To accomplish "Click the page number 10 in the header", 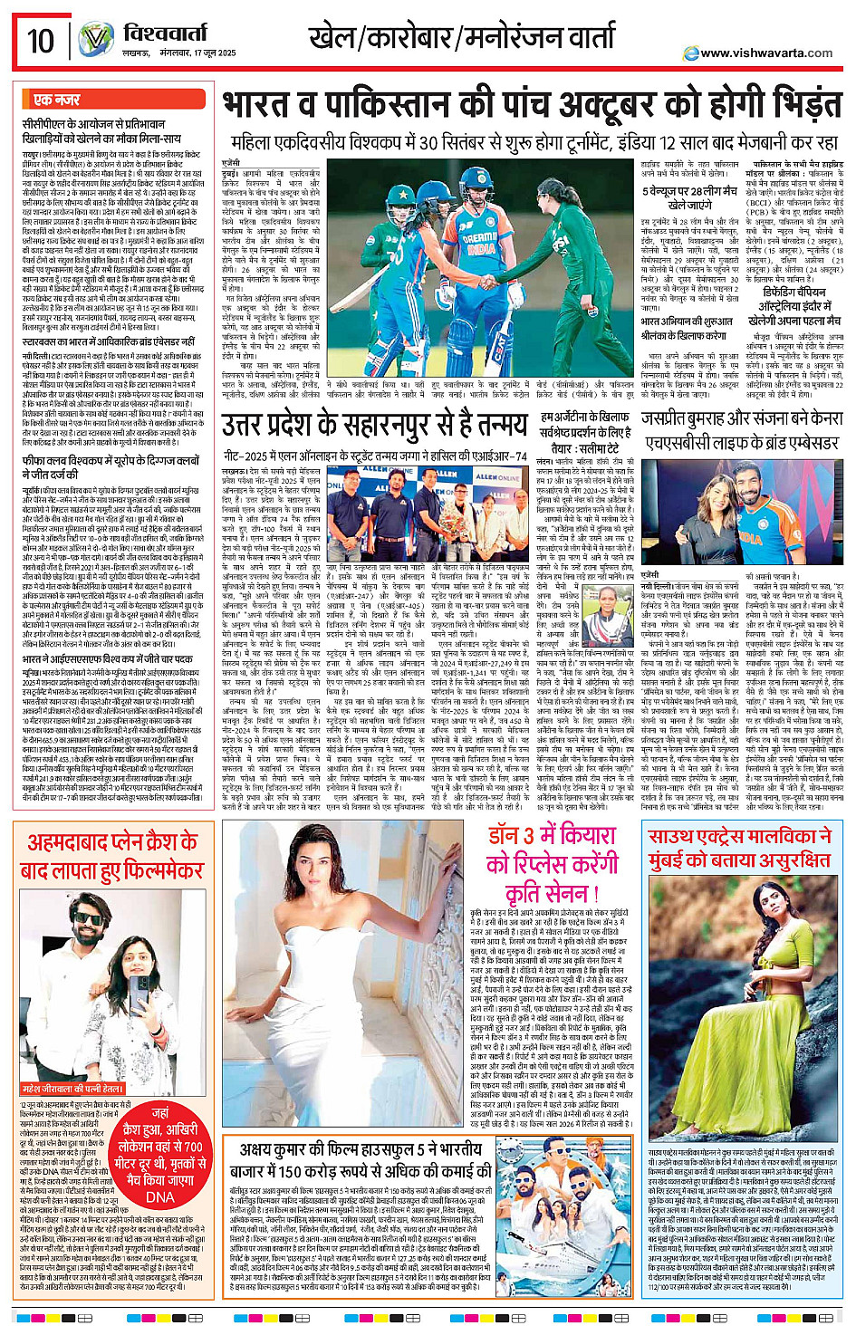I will tap(41, 41).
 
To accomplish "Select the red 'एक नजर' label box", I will tap(57, 100).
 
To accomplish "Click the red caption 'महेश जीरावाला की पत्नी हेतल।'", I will tap(72, 1089).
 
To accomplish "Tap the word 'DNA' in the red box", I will tap(159, 1197).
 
